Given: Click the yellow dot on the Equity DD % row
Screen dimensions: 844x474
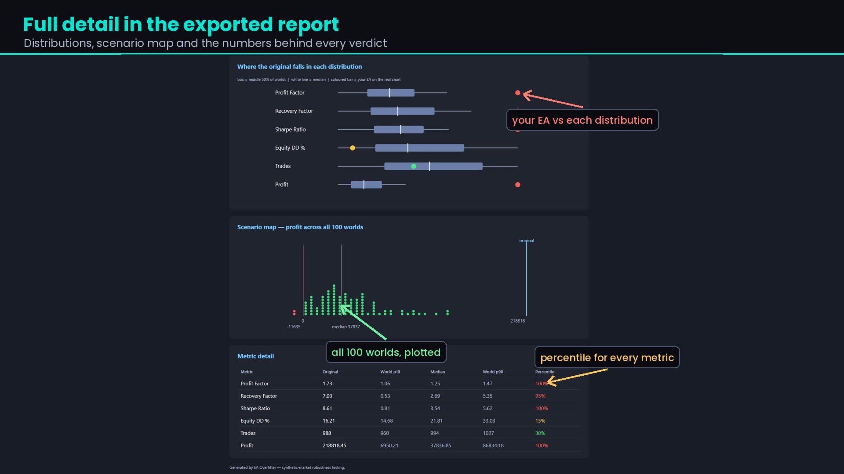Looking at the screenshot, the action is tap(353, 148).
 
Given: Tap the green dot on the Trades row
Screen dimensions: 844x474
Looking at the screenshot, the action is tap(414, 166).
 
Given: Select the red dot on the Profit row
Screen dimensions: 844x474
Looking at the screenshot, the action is tap(518, 185).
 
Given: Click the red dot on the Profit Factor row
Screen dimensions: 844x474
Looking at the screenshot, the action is tap(518, 93).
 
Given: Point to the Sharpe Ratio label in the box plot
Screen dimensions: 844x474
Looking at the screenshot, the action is tap(291, 129).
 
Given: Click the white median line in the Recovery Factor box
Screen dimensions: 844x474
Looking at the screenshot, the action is tap(398, 111).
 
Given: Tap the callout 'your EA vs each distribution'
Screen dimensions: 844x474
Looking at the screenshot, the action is tap(582, 120).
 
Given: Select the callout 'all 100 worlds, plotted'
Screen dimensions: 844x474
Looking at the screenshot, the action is tap(386, 352).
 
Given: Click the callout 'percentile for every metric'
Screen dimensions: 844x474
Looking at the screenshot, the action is tap(607, 357).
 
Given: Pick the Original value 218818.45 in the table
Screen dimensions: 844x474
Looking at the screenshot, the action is tap(335, 445).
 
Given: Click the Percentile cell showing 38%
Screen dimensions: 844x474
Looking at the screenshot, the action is tap(540, 433).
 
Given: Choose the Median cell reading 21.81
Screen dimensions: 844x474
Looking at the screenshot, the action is tap(437, 421).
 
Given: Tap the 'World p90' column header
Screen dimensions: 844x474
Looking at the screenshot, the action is tap(493, 372).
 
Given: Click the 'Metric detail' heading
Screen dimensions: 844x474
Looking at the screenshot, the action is tap(255, 356).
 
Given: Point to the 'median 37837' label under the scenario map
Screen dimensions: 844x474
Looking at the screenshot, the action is tap(346, 327).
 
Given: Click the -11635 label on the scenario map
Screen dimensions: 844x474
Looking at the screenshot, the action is tap(294, 327).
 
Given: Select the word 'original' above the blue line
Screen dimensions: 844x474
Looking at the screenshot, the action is tap(527, 241).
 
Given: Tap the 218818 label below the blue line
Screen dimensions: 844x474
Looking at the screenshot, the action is tap(517, 321).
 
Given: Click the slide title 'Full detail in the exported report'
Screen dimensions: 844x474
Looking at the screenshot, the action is tap(181, 25).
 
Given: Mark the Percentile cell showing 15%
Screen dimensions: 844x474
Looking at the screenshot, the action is tap(540, 421).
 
